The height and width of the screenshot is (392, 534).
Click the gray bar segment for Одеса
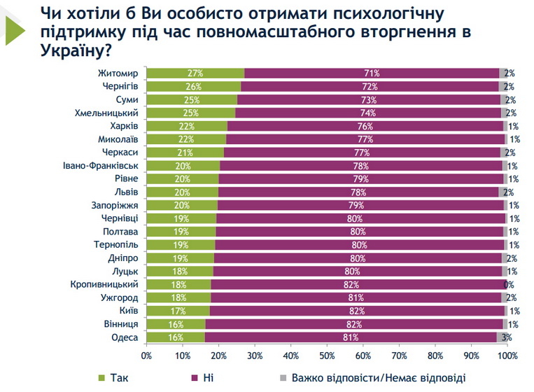tap(502, 337)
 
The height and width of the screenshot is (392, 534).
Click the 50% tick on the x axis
tap(327, 356)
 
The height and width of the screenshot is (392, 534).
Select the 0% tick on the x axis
tap(146, 356)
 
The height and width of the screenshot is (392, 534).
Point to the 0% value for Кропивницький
tap(510, 285)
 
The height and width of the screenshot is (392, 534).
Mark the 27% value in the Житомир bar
tap(195, 73)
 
